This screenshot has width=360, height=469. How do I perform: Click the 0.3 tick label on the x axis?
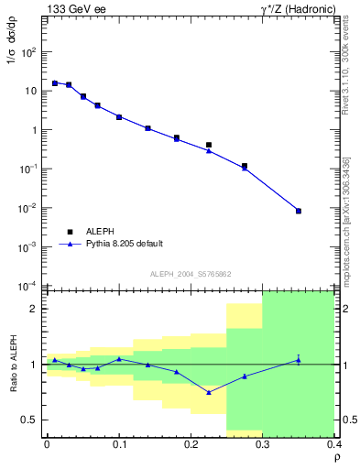tap(263, 445)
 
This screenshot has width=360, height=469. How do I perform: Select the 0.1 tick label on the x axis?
tap(119, 445)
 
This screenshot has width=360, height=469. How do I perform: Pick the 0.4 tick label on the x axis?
tap(333, 445)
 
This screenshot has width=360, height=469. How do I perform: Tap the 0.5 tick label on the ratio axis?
tap(30, 420)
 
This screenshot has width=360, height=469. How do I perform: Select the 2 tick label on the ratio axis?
tap(35, 309)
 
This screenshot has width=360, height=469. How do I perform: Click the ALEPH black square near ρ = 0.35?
tap(298, 212)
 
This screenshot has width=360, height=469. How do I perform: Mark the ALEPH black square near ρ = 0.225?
tap(209, 145)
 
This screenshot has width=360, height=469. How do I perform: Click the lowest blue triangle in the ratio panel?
tap(209, 392)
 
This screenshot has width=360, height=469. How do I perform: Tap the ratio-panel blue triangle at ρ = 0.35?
tap(298, 360)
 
